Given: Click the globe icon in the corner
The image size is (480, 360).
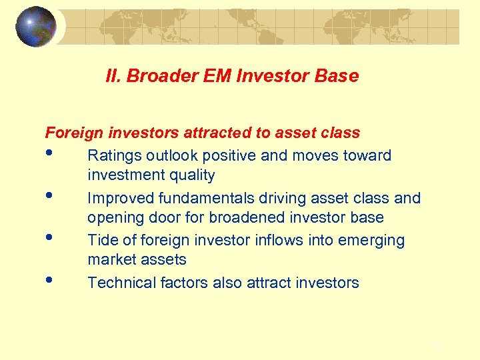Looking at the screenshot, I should [x=35, y=27].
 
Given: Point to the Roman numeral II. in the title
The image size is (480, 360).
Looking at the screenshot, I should [x=113, y=76].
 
